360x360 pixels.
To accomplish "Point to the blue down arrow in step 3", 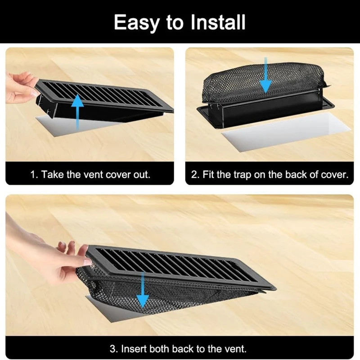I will (x=143, y=288).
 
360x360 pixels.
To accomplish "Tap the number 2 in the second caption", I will (x=195, y=175).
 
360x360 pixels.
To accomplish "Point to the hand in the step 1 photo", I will (x=20, y=88).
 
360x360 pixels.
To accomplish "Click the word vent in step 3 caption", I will (x=234, y=348).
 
